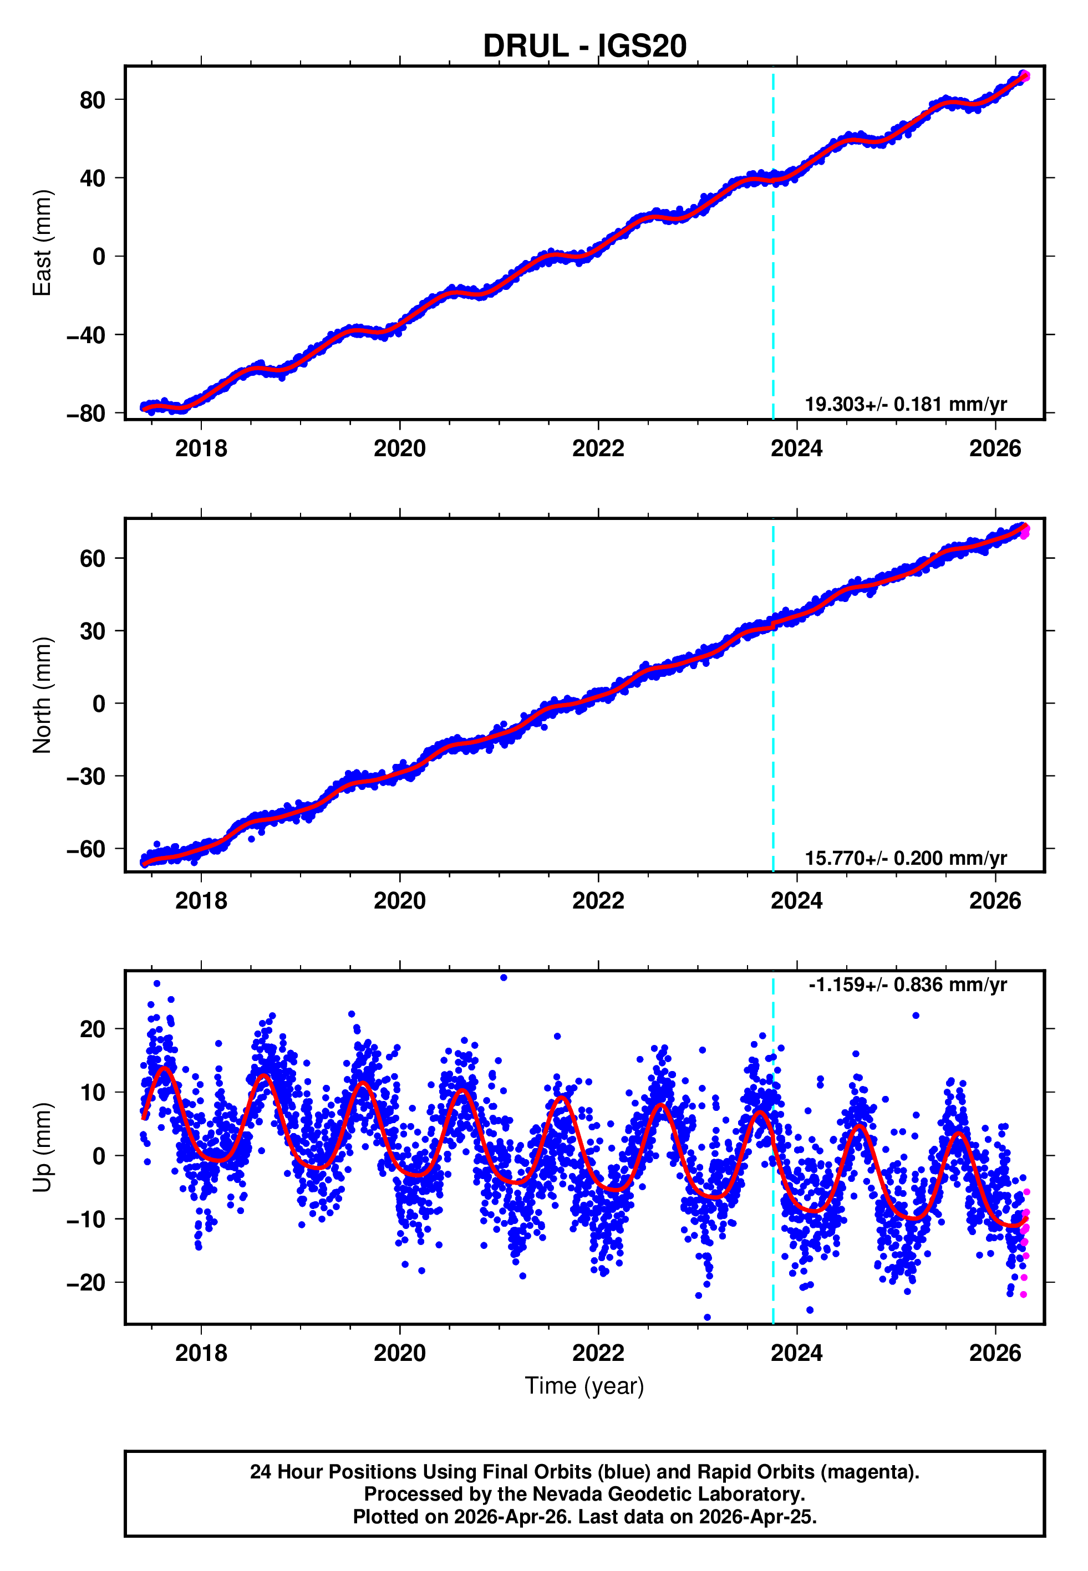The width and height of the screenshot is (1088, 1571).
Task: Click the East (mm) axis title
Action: [42, 243]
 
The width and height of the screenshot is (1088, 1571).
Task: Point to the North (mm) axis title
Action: [42, 695]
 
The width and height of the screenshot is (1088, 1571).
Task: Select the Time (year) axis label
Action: [584, 1386]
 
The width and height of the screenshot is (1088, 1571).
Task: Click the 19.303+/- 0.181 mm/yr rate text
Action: [906, 405]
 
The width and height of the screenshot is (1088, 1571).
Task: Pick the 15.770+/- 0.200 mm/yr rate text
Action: [906, 858]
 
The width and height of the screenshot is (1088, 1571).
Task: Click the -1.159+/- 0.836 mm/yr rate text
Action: [907, 985]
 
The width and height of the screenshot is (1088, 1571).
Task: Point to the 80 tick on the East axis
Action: [92, 101]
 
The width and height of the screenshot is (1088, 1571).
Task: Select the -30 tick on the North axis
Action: [86, 777]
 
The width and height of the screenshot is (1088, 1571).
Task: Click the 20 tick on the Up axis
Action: [92, 1029]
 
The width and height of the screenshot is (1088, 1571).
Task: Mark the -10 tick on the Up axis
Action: [86, 1220]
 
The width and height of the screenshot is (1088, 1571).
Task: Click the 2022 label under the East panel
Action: [598, 449]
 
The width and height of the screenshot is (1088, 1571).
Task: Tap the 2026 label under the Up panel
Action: [995, 1353]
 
